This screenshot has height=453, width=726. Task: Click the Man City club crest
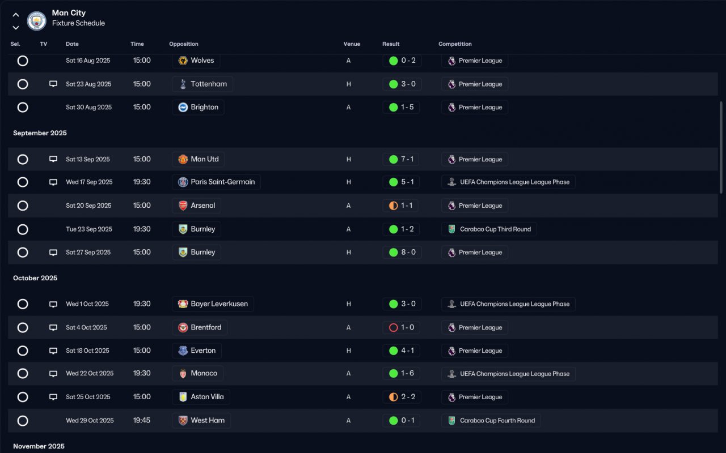point(36,21)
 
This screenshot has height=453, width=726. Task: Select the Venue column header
point(352,44)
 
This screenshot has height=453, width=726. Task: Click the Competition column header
point(455,44)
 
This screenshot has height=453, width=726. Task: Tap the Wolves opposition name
point(202,60)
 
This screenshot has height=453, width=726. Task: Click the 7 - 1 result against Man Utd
point(407,159)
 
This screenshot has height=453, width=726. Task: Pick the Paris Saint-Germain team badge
point(183,182)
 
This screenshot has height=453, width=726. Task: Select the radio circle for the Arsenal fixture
point(23,206)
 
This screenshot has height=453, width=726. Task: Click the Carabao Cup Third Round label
point(495,229)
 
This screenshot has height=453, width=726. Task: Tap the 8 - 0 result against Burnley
point(408,252)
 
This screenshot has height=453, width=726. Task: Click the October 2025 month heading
point(35,278)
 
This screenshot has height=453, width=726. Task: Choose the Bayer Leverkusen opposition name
point(219,304)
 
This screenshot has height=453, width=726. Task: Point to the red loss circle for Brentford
point(393,327)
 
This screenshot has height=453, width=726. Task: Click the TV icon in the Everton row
point(53,351)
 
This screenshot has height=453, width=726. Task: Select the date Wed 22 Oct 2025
point(90,373)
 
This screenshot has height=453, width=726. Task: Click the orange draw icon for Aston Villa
point(393,397)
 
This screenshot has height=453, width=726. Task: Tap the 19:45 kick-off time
point(142,420)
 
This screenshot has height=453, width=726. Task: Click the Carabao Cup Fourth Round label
point(497,420)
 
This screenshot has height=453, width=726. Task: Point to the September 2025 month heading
point(40,133)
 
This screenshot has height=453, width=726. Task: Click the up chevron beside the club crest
point(15,15)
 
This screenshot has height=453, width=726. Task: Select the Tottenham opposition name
point(208,84)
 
